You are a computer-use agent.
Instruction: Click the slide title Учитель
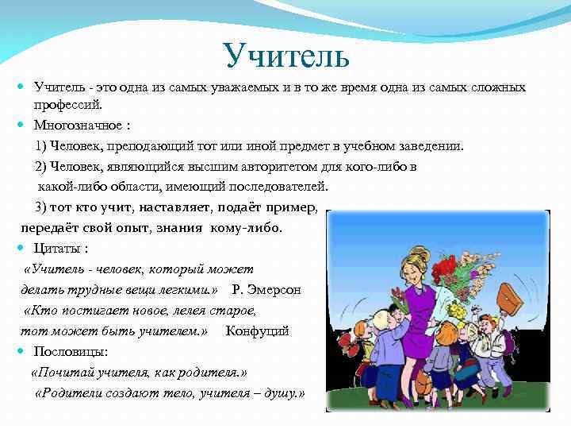286,55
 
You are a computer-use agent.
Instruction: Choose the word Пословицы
71,351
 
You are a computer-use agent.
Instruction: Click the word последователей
274,187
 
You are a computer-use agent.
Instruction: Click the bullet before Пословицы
25,351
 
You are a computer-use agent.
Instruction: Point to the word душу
282,393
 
